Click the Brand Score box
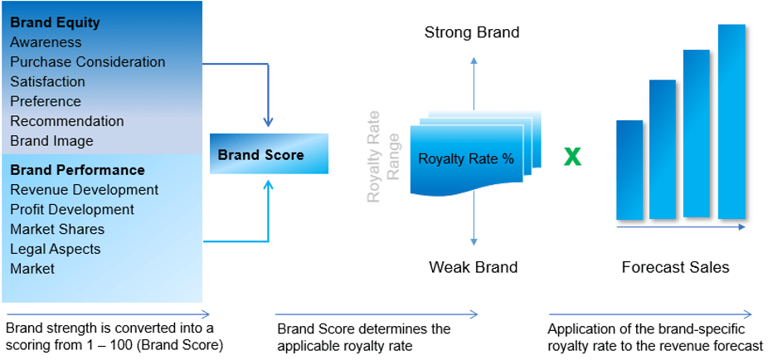tap(269, 153)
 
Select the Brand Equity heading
tap(55, 22)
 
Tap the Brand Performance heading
tap(77, 170)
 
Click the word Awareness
tap(46, 42)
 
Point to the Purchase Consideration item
tap(88, 62)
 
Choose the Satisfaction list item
tap(47, 81)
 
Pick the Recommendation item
tap(67, 121)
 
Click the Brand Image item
tap(51, 141)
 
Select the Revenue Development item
tap(85, 190)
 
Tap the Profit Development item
tap(72, 210)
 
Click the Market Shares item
tap(57, 229)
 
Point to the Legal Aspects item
tap(56, 250)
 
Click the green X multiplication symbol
tap(572, 158)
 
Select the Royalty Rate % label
tap(466, 159)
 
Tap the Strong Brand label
tap(472, 33)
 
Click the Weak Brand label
tap(473, 267)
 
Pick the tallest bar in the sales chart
tap(732, 121)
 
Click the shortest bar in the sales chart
tap(629, 170)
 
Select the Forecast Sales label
tap(675, 267)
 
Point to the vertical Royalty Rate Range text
tap(383, 156)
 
